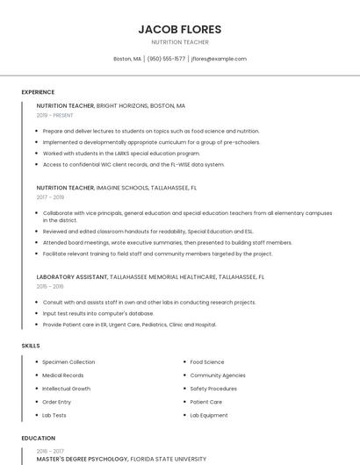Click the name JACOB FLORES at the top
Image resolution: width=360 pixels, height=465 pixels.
[180, 29]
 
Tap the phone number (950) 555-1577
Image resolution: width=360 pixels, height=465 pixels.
[166, 59]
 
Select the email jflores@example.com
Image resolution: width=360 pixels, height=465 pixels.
[219, 59]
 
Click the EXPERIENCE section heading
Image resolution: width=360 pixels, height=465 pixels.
[38, 92]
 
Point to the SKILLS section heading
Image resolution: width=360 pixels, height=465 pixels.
[31, 346]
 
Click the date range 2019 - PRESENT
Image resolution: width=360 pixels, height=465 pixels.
[55, 115]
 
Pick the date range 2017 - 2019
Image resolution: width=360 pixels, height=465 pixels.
[50, 197]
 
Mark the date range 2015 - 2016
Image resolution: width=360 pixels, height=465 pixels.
[50, 286]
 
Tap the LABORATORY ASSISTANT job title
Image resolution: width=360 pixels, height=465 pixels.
[72, 277]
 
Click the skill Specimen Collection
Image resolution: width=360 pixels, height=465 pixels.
[68, 362]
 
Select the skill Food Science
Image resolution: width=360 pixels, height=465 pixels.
[207, 362]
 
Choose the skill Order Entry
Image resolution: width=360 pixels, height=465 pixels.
[58, 402]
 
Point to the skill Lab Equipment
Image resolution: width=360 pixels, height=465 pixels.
[209, 415]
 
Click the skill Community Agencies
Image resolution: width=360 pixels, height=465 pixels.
[218, 376]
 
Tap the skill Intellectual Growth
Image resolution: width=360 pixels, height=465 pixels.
[66, 389]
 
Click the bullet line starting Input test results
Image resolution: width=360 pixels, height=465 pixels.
[98, 313]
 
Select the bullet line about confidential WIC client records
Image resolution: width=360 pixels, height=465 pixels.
[133, 164]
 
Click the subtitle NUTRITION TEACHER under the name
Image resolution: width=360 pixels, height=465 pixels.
[180, 42]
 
